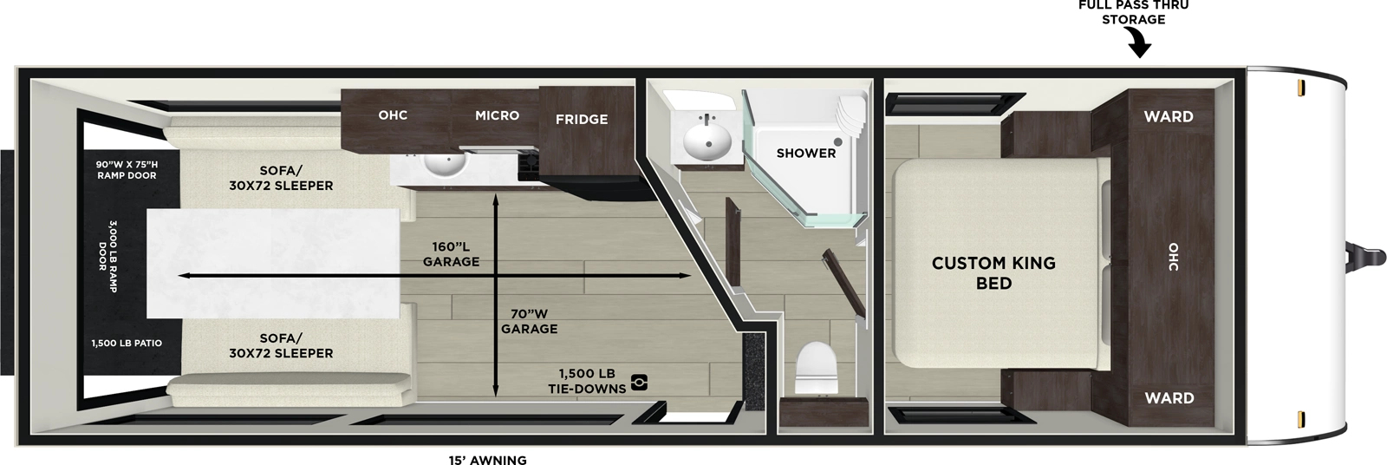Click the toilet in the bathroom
[x=814, y=368]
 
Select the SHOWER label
[x=805, y=153]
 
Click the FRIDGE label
[x=581, y=120]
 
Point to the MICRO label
[x=497, y=115]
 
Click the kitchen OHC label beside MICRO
[x=393, y=115]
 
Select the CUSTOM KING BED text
[x=993, y=272]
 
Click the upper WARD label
[x=1168, y=116]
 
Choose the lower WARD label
[x=1169, y=398]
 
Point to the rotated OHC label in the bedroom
[x=1173, y=256]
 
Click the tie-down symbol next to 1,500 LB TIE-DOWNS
[x=639, y=382]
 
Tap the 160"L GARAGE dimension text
[x=451, y=253]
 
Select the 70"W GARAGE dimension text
[x=529, y=321]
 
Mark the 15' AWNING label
[x=487, y=460]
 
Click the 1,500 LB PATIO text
[x=127, y=344]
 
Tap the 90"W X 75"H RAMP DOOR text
[x=127, y=169]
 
